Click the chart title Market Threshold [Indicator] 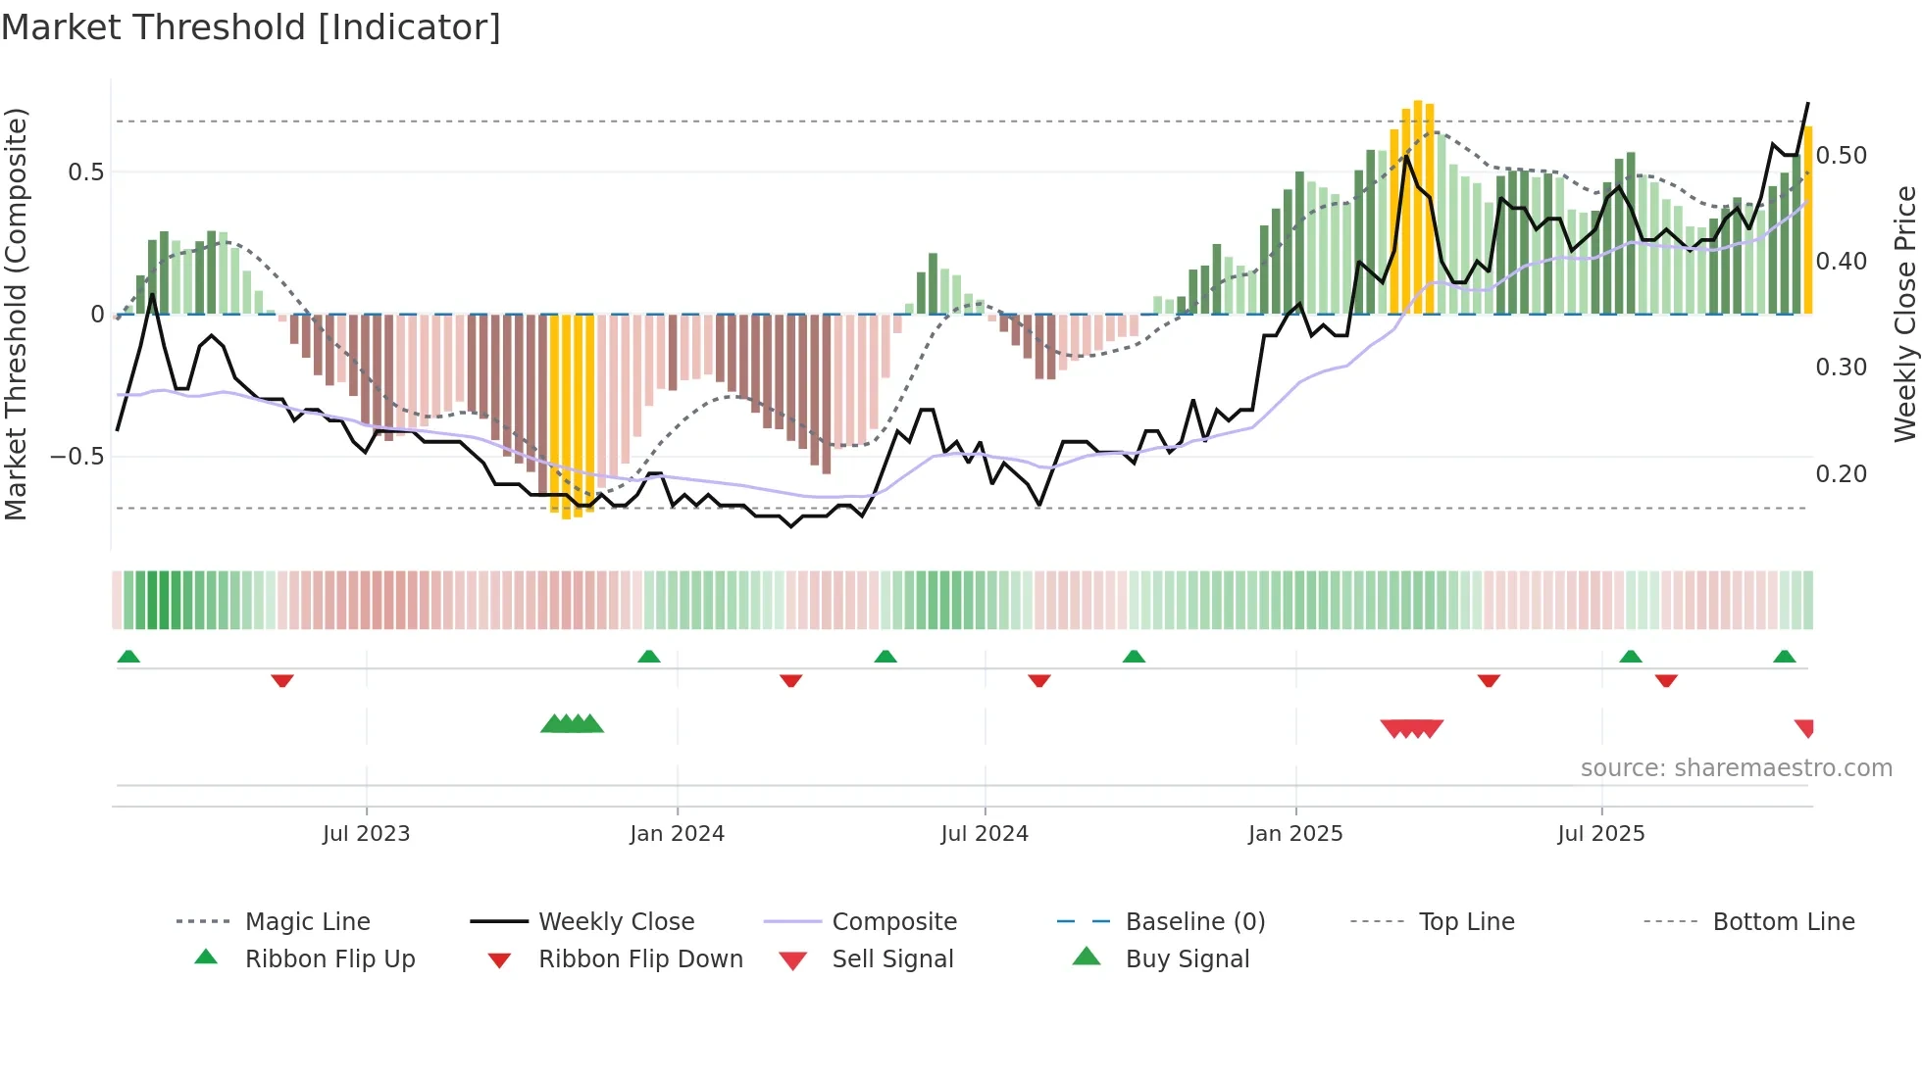tap(251, 27)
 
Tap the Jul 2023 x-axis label tap(366, 834)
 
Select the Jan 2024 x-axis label tap(677, 834)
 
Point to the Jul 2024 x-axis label tap(985, 834)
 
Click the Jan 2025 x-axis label tap(1295, 834)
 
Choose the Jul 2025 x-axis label tap(1601, 834)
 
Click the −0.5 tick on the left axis tap(76, 457)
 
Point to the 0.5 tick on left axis tap(85, 172)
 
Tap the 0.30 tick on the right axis tap(1842, 368)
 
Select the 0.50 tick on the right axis tap(1842, 156)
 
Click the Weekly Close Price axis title tap(1904, 314)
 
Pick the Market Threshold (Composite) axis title tap(16, 314)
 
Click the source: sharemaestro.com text tap(1736, 768)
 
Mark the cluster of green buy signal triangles tap(572, 725)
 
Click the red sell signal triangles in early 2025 tap(1411, 728)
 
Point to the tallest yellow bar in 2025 tap(1418, 207)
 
